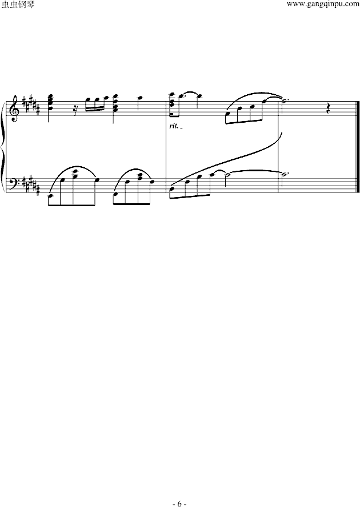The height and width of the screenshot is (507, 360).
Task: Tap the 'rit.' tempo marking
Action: coord(174,126)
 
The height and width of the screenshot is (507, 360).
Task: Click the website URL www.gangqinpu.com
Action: coord(322,5)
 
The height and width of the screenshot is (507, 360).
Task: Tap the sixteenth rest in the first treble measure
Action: coord(77,107)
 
